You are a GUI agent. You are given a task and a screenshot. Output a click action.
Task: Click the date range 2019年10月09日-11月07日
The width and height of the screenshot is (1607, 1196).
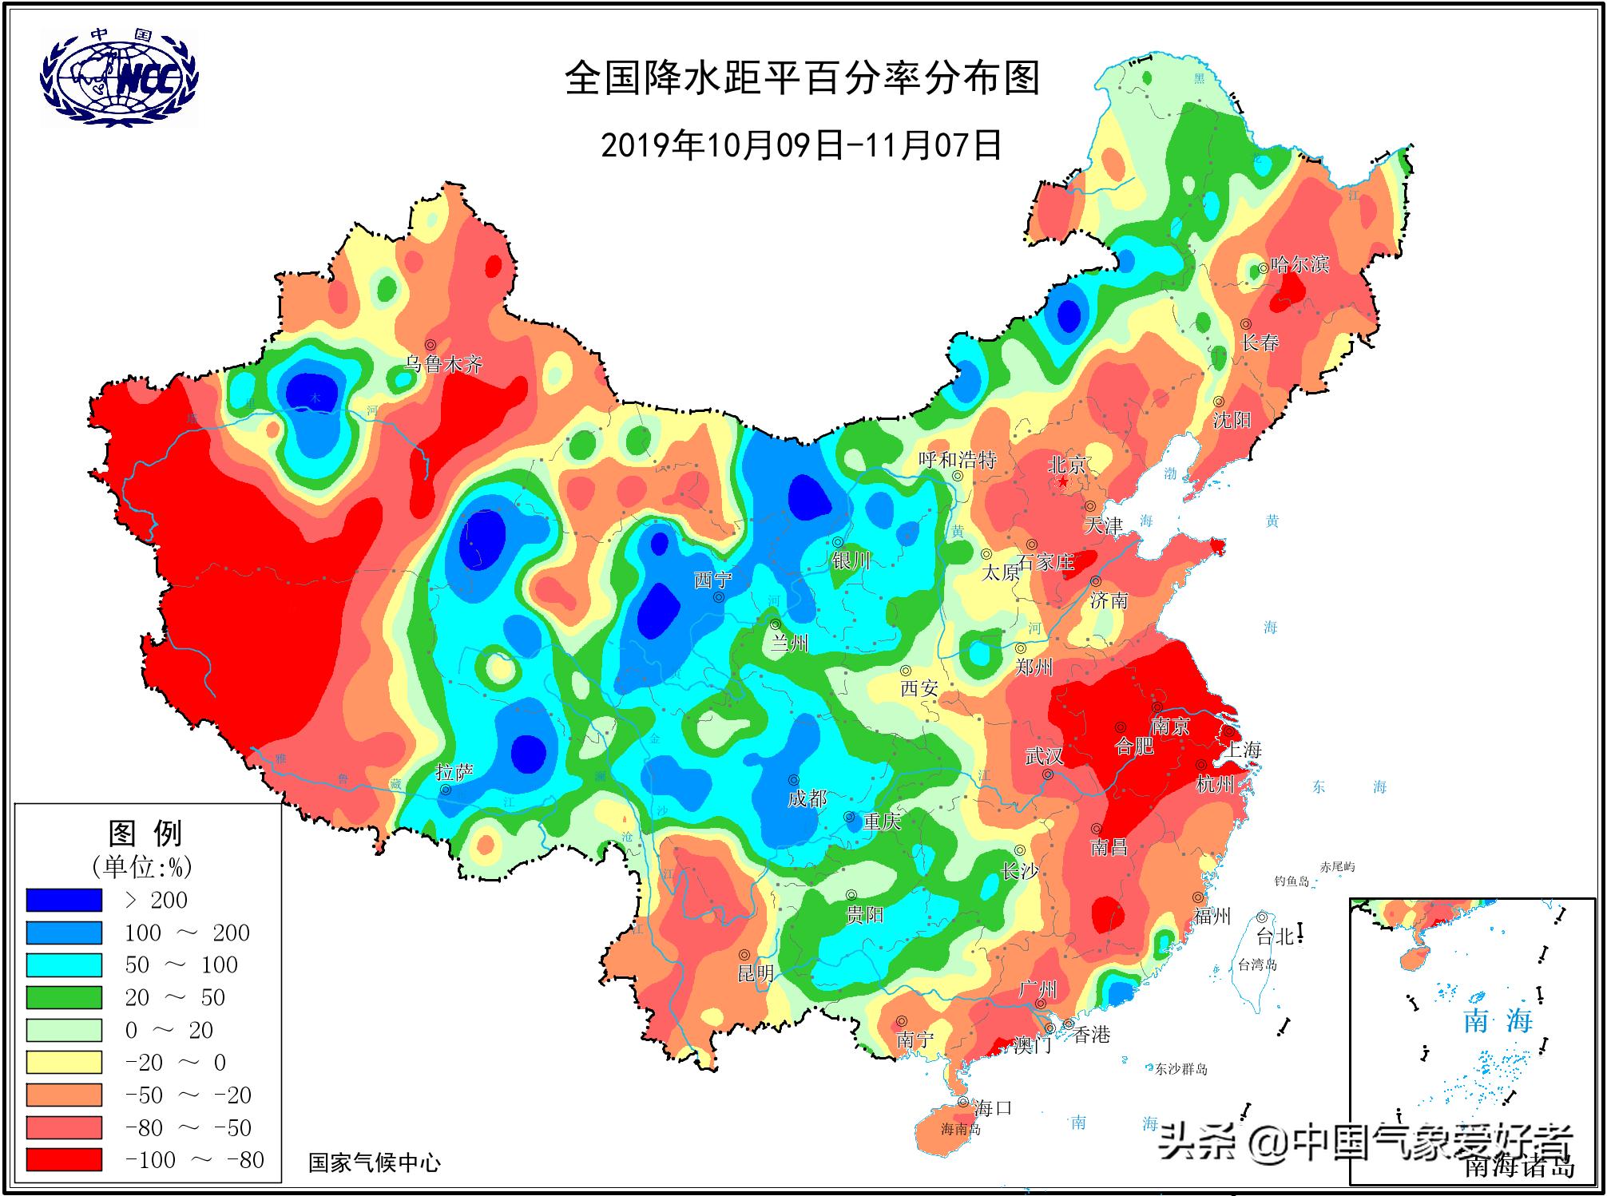point(801,145)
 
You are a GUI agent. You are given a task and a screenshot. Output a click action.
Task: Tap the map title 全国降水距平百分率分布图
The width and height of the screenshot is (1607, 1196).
point(803,79)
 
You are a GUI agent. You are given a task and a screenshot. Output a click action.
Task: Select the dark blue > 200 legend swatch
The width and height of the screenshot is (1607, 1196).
point(64,900)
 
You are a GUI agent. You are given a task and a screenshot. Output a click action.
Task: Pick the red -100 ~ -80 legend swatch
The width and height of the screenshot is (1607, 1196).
point(64,1159)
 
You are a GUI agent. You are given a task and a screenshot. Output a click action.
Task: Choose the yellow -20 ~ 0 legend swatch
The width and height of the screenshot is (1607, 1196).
point(64,1062)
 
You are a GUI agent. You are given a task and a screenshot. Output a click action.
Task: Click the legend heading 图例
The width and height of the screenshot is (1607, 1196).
point(145,834)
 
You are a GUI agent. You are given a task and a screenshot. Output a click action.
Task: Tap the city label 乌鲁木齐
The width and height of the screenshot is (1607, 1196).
point(444,365)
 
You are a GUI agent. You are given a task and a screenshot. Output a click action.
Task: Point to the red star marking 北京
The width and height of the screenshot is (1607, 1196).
point(1063,483)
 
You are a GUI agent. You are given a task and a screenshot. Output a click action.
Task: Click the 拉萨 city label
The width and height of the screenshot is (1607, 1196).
point(454,772)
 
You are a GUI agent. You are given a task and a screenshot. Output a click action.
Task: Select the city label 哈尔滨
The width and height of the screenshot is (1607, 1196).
point(1299,264)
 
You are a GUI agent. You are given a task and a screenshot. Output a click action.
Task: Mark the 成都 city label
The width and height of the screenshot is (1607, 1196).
point(807,798)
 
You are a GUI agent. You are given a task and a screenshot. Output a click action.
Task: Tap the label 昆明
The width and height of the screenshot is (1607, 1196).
point(755,972)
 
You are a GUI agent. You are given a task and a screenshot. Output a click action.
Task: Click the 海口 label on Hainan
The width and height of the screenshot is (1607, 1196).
point(993,1107)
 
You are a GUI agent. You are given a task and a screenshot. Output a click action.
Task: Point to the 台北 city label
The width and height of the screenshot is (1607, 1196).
point(1275,937)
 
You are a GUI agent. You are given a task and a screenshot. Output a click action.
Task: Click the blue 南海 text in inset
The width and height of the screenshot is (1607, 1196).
point(1498,1020)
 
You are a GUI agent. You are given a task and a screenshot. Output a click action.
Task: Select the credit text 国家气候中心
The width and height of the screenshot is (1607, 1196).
point(375,1162)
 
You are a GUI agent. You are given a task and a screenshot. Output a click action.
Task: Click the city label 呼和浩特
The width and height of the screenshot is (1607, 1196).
point(957,460)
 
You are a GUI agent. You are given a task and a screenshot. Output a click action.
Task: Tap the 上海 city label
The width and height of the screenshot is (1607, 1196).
point(1244,750)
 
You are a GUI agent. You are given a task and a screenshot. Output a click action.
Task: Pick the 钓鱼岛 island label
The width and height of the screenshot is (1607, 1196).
point(1292,881)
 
